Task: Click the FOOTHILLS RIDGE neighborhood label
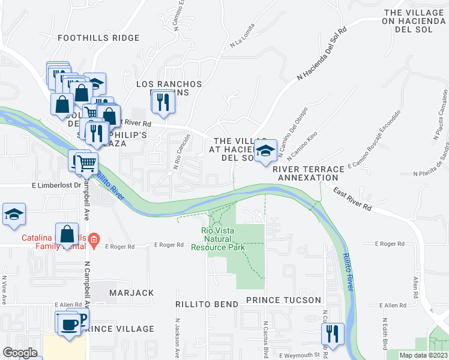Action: click(98, 38)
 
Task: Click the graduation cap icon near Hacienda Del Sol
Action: click(264, 150)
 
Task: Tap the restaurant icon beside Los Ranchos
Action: click(161, 101)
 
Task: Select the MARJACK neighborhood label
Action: click(131, 293)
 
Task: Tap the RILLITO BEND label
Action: click(207, 304)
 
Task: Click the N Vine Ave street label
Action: click(4, 290)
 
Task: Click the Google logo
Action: click(20, 353)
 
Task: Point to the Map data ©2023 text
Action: click(423, 355)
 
